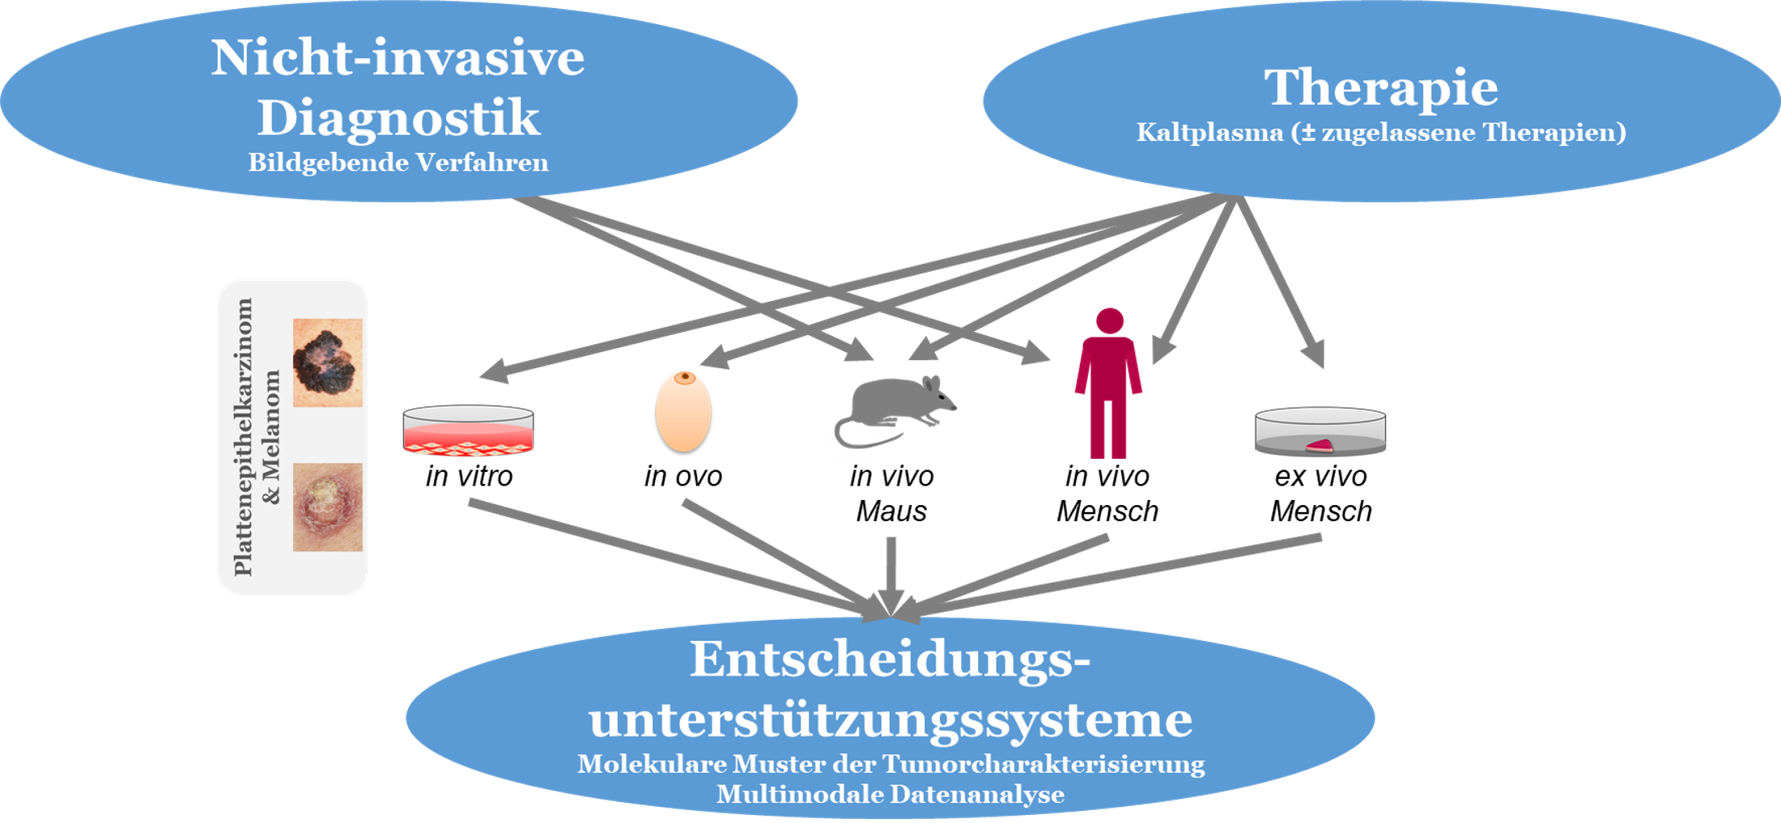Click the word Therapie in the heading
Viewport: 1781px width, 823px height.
click(1380, 87)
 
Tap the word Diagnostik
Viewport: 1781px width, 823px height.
click(398, 118)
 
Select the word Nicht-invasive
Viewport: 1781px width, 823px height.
click(397, 58)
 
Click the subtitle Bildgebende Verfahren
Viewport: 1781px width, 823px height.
click(398, 163)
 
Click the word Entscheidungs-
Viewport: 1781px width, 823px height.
click(890, 660)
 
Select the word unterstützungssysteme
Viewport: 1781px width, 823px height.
click(890, 719)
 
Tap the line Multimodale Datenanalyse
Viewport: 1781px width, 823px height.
click(890, 794)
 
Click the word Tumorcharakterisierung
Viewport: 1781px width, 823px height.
click(1044, 764)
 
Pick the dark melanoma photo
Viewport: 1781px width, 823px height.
click(327, 363)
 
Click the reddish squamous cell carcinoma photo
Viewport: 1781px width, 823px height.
click(327, 507)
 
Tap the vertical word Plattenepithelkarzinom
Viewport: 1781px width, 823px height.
click(243, 437)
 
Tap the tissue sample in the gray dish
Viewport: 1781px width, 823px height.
click(1320, 445)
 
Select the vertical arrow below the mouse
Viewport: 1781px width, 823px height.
click(890, 571)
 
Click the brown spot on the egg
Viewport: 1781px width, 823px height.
click(686, 377)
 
